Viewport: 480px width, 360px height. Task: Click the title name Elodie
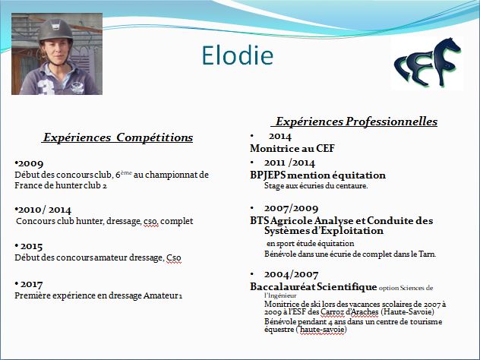point(237,55)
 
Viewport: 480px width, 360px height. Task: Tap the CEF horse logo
point(428,63)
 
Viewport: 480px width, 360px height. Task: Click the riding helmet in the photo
point(55,30)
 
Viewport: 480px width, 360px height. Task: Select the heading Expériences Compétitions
point(118,137)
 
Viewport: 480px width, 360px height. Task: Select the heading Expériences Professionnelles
point(356,122)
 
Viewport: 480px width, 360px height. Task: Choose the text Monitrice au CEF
point(292,148)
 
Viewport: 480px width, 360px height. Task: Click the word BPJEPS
point(267,175)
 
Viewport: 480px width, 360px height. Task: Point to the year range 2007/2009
point(291,208)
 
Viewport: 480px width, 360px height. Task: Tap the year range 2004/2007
point(291,275)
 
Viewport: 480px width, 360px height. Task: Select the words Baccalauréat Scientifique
point(313,287)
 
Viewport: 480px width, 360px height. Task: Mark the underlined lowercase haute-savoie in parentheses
point(322,330)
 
